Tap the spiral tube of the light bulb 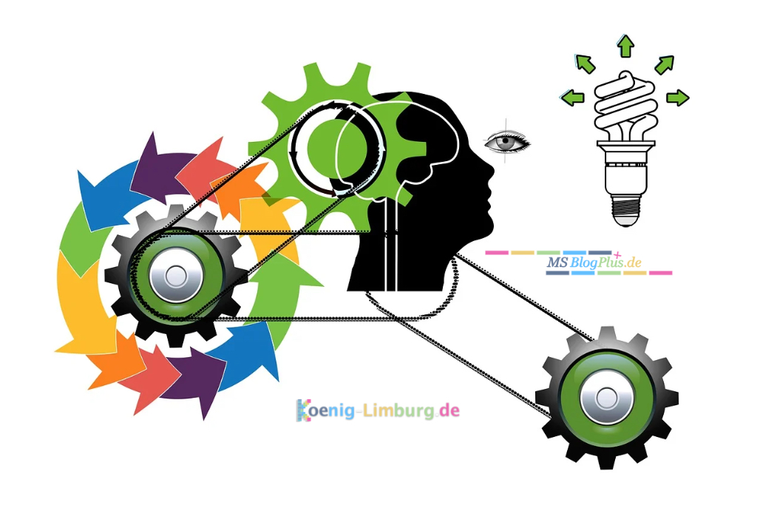[625, 104]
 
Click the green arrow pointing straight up [625, 46]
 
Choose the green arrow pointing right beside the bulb [678, 98]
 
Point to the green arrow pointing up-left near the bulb [585, 64]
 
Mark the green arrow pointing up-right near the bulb [665, 64]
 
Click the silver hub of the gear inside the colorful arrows [175, 277]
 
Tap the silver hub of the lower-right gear [606, 399]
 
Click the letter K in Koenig [303, 410]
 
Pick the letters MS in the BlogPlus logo [557, 263]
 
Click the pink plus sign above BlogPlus [617, 255]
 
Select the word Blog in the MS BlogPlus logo [583, 264]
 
